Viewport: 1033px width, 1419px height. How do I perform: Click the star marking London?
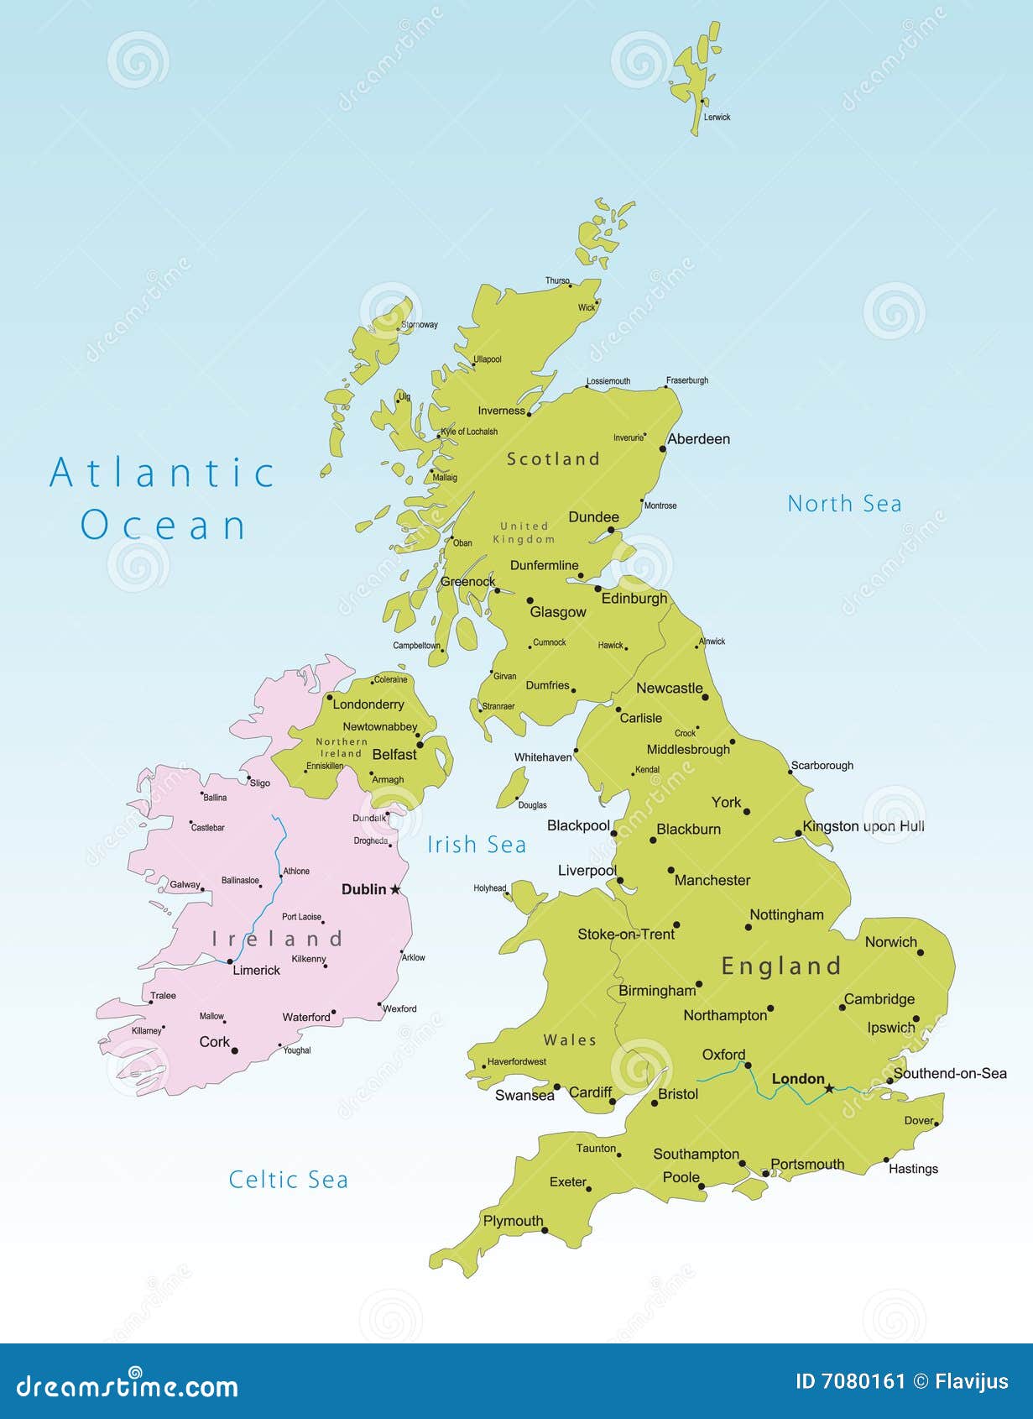829,1088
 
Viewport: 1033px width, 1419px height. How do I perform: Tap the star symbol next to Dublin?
395,889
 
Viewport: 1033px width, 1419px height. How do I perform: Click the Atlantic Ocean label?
163,499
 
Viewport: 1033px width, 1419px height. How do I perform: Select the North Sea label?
844,504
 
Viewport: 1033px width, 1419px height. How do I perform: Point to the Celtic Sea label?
288,1180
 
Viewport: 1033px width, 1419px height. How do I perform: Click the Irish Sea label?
477,845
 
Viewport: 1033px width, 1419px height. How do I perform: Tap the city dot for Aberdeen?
662,448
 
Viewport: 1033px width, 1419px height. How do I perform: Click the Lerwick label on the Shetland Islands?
717,118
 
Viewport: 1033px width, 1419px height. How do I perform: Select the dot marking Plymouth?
545,1231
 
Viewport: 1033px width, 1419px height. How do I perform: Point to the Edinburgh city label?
634,599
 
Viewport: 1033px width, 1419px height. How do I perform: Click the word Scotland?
553,458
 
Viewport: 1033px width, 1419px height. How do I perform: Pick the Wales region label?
570,1040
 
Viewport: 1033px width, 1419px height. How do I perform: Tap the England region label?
780,966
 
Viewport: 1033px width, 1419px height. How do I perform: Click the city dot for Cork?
234,1050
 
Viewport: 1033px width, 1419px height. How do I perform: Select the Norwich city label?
890,942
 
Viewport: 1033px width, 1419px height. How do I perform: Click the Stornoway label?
420,325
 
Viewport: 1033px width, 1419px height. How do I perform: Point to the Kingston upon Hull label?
863,826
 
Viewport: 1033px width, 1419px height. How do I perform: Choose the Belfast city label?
394,755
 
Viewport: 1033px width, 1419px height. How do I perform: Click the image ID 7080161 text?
850,1381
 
